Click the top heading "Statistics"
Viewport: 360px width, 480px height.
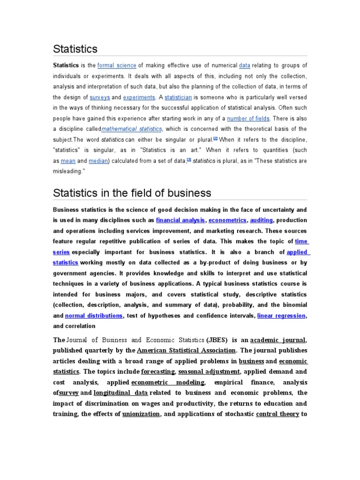[75, 49]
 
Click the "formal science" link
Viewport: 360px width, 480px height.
[117, 66]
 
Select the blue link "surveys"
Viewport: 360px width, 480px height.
[100, 97]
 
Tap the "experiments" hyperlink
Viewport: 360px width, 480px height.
[139, 97]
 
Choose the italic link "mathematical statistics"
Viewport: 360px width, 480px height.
[132, 129]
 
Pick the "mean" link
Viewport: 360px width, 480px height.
[68, 161]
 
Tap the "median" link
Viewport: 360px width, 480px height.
[98, 161]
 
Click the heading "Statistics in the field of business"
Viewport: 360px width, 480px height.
[132, 193]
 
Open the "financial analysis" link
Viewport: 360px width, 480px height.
[180, 220]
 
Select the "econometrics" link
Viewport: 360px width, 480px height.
[227, 220]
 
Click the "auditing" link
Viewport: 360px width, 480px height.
[261, 220]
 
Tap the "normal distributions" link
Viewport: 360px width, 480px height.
[94, 315]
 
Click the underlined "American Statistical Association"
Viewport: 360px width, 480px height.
[186, 350]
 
